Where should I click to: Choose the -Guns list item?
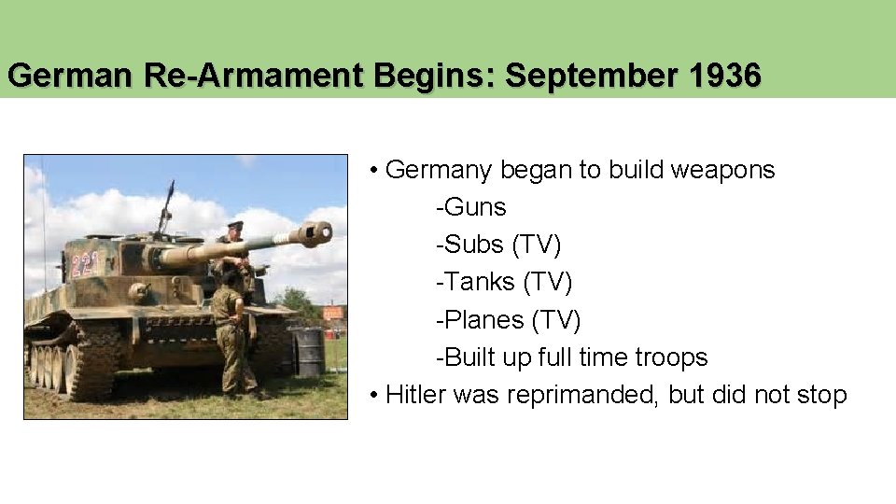[x=470, y=207]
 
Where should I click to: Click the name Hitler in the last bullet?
[x=415, y=395]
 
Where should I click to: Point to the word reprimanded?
[x=556, y=395]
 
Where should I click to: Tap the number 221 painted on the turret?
[x=85, y=264]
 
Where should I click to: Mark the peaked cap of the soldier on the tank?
[x=234, y=225]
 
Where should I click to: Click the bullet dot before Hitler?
[x=373, y=396]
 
